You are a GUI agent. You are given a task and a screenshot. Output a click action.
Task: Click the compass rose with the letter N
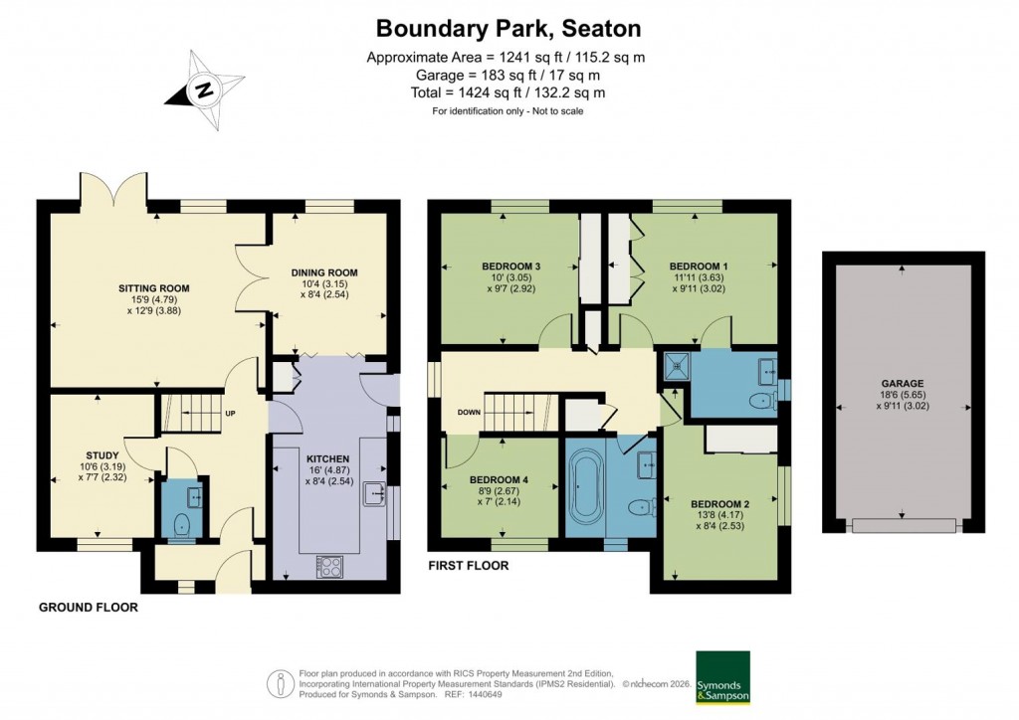(205, 90)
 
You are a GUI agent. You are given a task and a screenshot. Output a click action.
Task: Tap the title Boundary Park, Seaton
(508, 28)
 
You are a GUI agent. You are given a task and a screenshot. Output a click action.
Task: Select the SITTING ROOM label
(153, 288)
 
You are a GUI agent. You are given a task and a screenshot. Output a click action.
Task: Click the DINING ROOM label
(323, 272)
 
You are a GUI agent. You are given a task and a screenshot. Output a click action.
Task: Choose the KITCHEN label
(327, 458)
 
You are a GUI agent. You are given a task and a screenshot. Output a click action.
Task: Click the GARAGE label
(902, 383)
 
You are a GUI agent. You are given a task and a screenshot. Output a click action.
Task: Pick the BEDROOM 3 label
(511, 266)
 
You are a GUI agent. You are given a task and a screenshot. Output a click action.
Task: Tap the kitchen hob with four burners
(327, 565)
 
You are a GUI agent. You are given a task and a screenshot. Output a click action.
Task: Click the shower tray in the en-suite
(678, 366)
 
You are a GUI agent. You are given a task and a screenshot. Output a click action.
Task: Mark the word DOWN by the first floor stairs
(470, 412)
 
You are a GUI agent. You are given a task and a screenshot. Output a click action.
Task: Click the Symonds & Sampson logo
(721, 677)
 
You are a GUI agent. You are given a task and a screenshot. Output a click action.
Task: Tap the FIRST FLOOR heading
(469, 566)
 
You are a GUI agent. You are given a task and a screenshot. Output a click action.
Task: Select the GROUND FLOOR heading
(89, 607)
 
